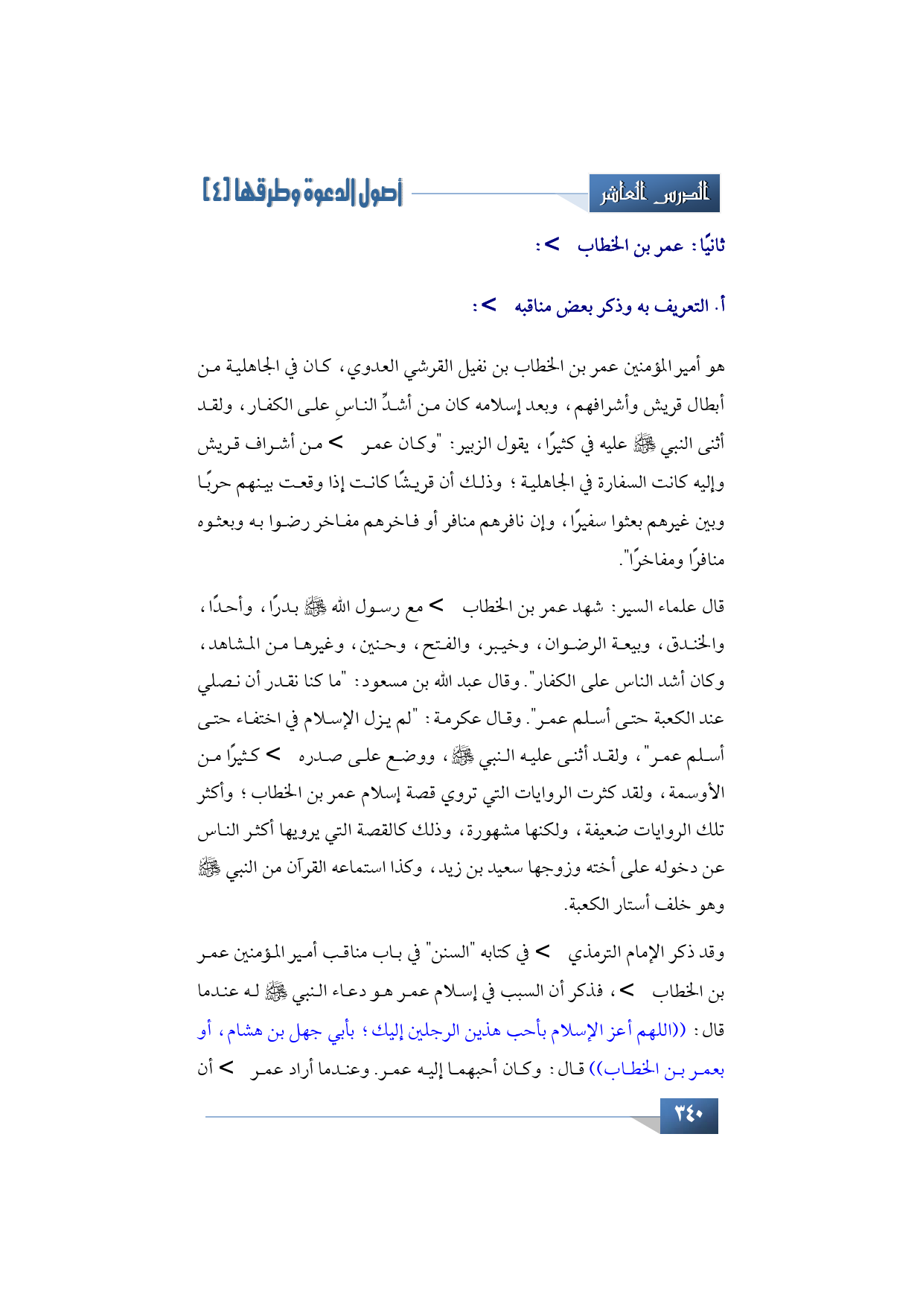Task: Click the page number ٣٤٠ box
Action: (689, 1115)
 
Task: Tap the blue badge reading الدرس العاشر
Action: (654, 194)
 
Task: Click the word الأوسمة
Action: (698, 794)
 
